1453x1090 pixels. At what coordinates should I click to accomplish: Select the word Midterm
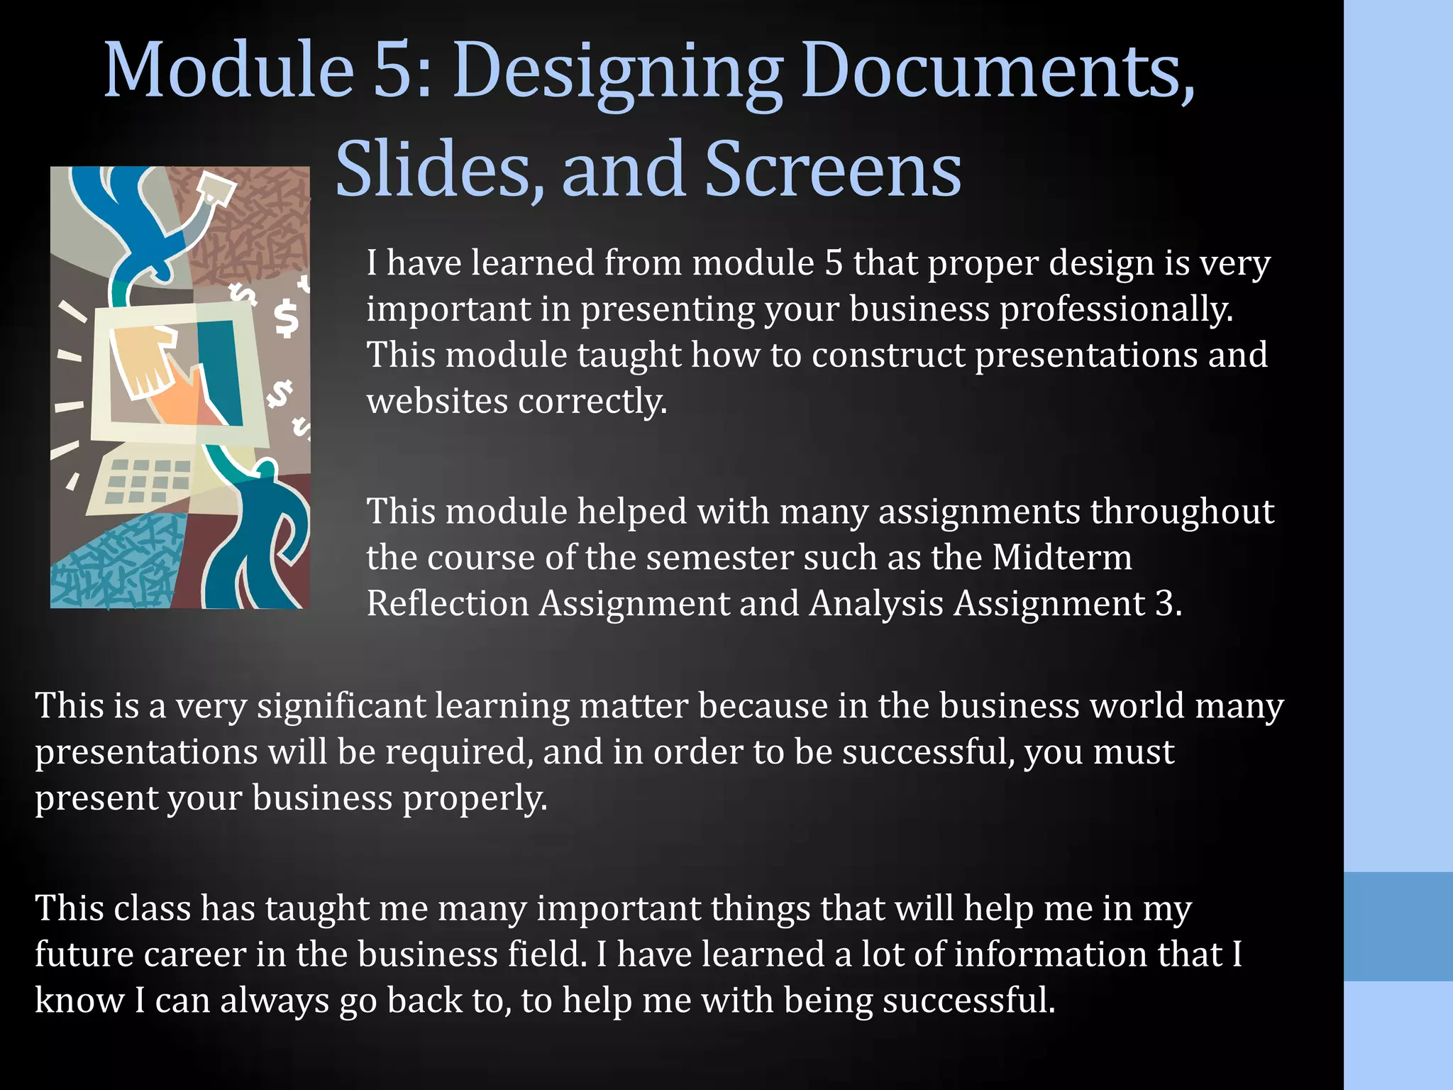tap(1061, 558)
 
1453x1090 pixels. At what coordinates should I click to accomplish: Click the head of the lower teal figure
tap(266, 470)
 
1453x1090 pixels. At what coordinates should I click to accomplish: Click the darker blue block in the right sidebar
tap(1398, 926)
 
